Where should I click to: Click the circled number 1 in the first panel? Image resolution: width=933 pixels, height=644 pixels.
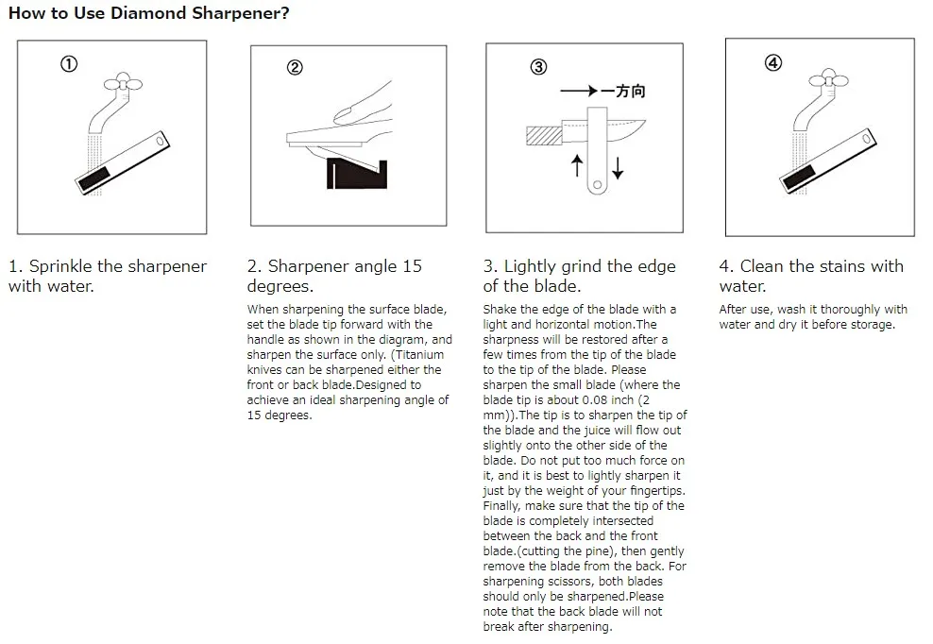[68, 64]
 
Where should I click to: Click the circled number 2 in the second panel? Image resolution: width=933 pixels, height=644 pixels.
[295, 67]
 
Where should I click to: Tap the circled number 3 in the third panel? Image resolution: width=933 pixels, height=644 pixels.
[538, 67]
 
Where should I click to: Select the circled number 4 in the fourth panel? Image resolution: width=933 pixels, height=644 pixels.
[772, 63]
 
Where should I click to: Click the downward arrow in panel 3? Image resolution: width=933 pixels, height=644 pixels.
[618, 168]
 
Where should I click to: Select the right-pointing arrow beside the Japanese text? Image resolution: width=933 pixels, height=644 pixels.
[580, 92]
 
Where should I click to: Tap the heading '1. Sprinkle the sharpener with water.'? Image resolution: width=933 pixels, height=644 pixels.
[107, 276]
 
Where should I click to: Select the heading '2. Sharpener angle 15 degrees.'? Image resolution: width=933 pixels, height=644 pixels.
[334, 276]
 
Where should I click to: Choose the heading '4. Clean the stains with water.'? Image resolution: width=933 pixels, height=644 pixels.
[810, 276]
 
